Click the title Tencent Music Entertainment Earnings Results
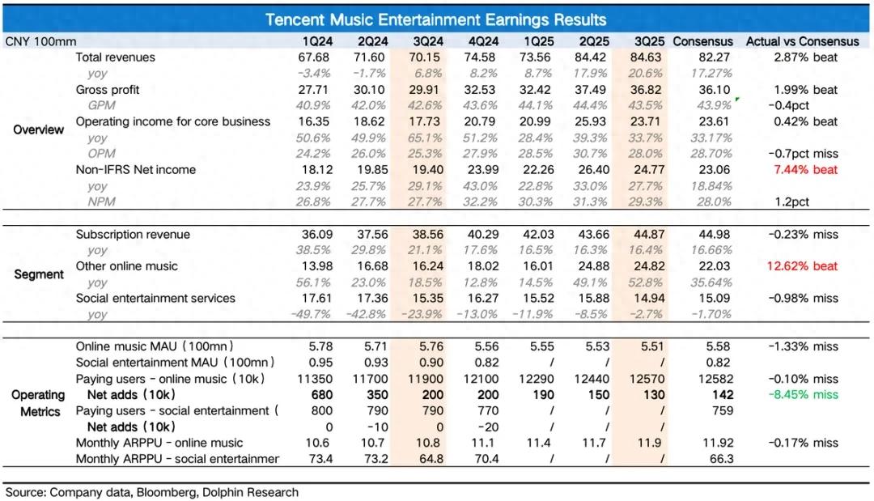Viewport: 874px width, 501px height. (x=436, y=19)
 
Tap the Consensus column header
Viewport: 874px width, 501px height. (x=702, y=41)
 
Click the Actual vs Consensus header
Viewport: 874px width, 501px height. (x=803, y=41)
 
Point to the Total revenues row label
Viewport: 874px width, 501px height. (x=115, y=57)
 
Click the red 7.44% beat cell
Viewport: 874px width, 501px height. (x=805, y=170)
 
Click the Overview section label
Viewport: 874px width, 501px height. (x=39, y=129)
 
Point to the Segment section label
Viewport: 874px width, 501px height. (x=39, y=274)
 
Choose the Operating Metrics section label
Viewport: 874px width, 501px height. (x=39, y=403)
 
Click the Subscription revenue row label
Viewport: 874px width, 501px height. (x=133, y=235)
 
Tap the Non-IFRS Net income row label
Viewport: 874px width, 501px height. (x=136, y=170)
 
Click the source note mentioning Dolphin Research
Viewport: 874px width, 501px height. (x=152, y=492)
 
